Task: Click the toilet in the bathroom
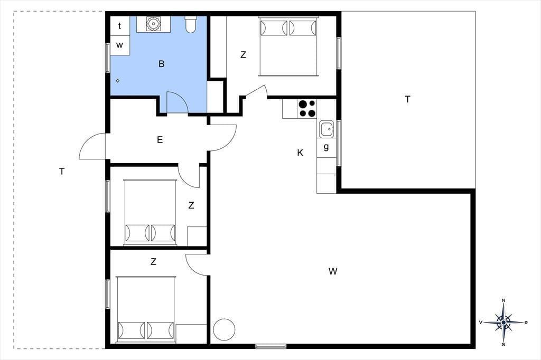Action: [x=191, y=24]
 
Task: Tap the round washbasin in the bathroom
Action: [x=153, y=24]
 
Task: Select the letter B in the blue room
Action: [x=161, y=64]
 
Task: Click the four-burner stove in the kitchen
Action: [x=307, y=109]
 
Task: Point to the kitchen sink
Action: [x=326, y=129]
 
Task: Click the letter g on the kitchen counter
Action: [x=326, y=147]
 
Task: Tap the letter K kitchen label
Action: [x=300, y=153]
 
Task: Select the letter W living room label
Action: [x=333, y=271]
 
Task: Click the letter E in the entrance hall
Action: [x=160, y=140]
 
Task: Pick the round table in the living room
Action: [x=224, y=330]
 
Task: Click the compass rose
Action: [x=503, y=323]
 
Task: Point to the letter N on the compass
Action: [x=503, y=301]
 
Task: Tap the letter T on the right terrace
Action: [x=407, y=99]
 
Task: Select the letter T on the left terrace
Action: [x=62, y=172]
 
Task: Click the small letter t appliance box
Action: [x=120, y=26]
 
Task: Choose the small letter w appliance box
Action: [x=120, y=45]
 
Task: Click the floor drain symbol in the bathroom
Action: [x=118, y=81]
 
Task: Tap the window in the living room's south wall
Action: [x=271, y=346]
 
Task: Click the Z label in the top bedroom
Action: [x=243, y=55]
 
